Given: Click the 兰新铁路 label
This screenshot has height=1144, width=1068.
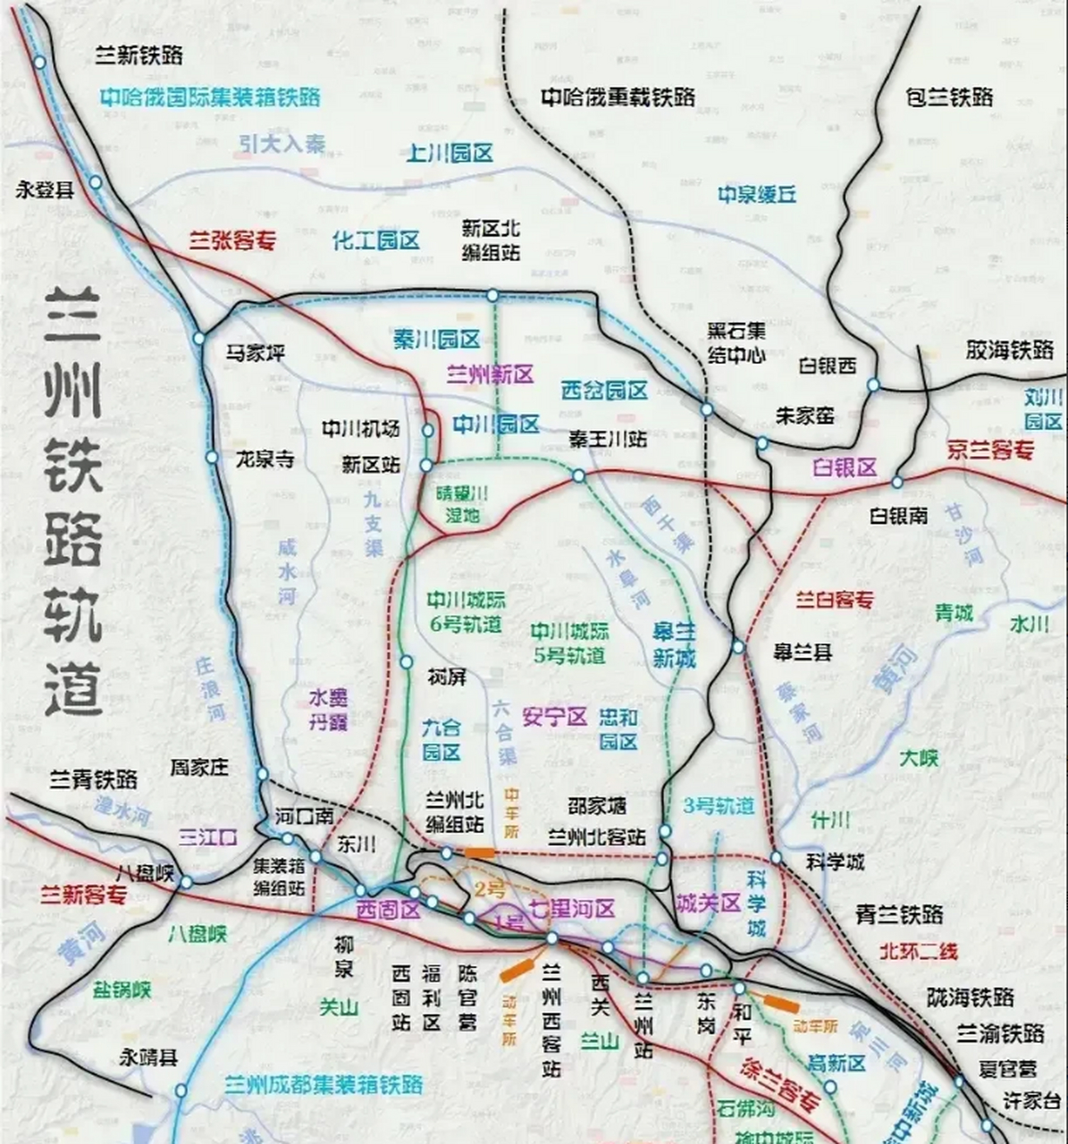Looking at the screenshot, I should tap(139, 55).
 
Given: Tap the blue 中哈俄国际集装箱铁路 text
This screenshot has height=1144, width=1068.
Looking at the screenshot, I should tap(210, 97).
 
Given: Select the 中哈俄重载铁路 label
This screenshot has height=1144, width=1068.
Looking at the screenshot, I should tap(618, 97).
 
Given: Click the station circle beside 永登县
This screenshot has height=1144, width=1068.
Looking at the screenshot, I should tap(95, 181).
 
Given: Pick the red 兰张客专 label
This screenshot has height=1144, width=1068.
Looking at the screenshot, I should tap(232, 240).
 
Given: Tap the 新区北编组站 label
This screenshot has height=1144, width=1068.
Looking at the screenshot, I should tap(491, 240).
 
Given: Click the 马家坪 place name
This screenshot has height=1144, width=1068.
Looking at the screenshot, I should tap(255, 353).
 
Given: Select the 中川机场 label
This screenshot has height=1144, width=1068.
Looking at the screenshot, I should tap(361, 429).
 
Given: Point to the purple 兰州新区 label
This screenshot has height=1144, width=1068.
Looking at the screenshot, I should tap(490, 374).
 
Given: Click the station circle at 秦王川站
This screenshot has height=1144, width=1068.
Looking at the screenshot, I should tap(578, 476).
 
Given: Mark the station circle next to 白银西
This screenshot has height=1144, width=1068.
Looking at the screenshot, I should tap(873, 385).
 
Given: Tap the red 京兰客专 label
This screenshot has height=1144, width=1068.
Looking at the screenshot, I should tap(990, 450).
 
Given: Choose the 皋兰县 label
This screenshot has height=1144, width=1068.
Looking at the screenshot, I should tap(803, 652).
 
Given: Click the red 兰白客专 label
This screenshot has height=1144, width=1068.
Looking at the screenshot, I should tap(834, 600).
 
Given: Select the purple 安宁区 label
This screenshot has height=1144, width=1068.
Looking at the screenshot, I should tap(554, 716).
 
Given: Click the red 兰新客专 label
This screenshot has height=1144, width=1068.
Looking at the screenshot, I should tap(82, 895).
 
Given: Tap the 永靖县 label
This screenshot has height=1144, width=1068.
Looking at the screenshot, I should tap(148, 1057).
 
